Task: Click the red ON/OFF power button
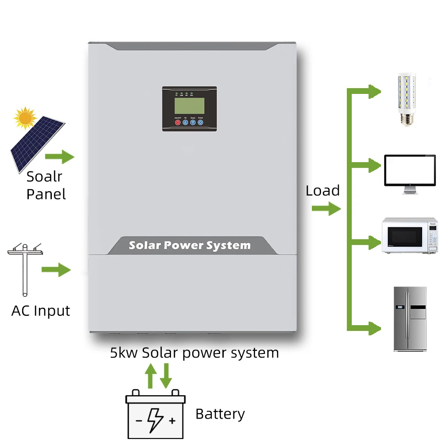(x=178, y=123)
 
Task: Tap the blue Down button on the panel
(x=193, y=123)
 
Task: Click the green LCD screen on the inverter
(x=189, y=105)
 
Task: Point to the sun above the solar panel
(x=24, y=117)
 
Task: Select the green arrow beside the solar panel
(x=59, y=156)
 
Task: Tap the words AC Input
(x=41, y=311)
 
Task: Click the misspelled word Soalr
(x=44, y=176)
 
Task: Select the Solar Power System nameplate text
(x=190, y=245)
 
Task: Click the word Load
(x=323, y=190)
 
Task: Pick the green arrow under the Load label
(x=326, y=208)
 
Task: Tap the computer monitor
(x=410, y=173)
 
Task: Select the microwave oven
(x=410, y=235)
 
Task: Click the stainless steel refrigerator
(x=410, y=319)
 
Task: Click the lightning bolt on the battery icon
(x=155, y=419)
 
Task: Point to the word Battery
(x=220, y=414)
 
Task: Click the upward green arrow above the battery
(x=151, y=377)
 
